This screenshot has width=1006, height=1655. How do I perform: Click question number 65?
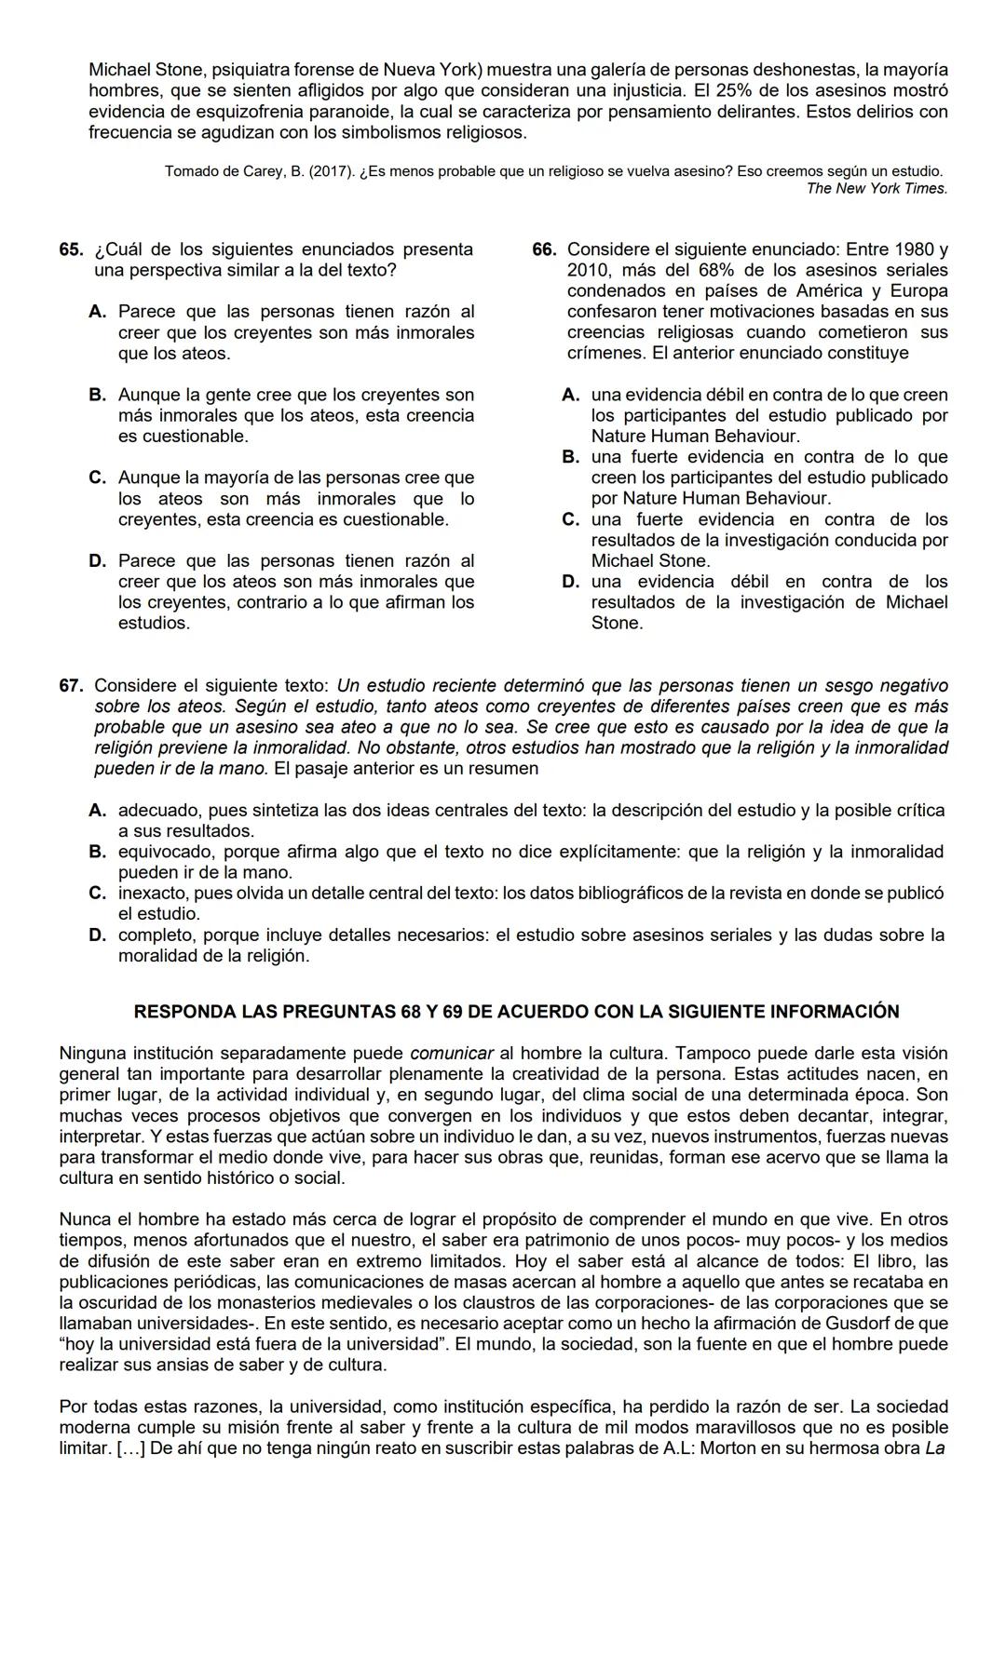tap(70, 249)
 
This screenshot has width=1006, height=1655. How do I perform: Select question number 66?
tap(544, 249)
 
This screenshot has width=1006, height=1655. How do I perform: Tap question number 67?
tap(70, 686)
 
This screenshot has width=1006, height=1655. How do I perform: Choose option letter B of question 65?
tap(98, 395)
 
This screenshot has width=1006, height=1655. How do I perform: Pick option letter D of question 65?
tap(98, 561)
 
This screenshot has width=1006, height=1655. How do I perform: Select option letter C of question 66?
tap(571, 519)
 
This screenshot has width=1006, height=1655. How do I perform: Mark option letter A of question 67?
tap(98, 811)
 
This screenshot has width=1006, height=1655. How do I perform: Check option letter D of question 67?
tap(98, 935)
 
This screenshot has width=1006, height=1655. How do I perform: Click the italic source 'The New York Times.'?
tap(877, 189)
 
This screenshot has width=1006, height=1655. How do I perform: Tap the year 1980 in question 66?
tap(916, 249)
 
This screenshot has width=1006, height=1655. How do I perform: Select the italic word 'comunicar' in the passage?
tap(452, 1054)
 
